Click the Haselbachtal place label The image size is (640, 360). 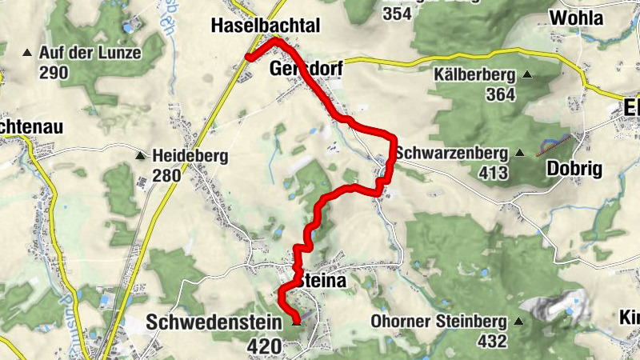pyautogui.click(x=265, y=26)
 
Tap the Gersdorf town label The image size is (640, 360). pyautogui.click(x=306, y=70)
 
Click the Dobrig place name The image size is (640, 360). pyautogui.click(x=574, y=169)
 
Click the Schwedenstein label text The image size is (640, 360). pyautogui.click(x=214, y=322)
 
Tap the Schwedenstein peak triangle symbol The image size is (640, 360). pyautogui.click(x=297, y=322)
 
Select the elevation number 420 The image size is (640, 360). pyautogui.click(x=265, y=346)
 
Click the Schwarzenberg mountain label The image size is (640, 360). pyautogui.click(x=452, y=152)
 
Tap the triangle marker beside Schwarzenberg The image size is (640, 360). pyautogui.click(x=520, y=153)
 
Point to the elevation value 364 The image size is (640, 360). pyautogui.click(x=499, y=94)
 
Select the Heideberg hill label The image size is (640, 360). pyautogui.click(x=190, y=156)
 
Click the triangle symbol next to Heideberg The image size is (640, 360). pyautogui.click(x=141, y=156)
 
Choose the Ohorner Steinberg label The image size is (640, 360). pyautogui.click(x=439, y=322)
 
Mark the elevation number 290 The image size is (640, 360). pyautogui.click(x=54, y=73)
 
